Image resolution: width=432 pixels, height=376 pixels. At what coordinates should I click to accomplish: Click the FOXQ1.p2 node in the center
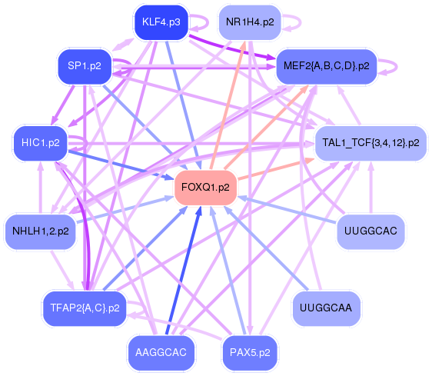[x=205, y=188]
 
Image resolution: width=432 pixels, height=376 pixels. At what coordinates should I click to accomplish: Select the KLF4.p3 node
[x=161, y=22]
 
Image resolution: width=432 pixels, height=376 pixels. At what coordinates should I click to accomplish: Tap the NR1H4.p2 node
[x=250, y=22]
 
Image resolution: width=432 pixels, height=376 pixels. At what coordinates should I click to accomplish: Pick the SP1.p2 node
[x=85, y=66]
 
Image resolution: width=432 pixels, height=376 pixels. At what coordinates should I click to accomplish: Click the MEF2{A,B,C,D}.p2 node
[x=327, y=66]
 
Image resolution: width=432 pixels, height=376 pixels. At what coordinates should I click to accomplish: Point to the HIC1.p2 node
[x=41, y=143]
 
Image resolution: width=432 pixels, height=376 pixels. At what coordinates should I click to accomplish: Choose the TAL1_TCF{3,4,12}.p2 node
[x=371, y=143]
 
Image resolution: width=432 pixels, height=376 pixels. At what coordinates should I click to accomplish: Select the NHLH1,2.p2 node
[x=41, y=231]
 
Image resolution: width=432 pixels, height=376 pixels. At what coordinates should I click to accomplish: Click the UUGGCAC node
[x=371, y=231]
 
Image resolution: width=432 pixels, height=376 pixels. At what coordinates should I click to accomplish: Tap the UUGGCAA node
[x=326, y=308]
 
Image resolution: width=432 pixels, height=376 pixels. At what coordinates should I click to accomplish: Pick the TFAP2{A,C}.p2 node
[x=85, y=308]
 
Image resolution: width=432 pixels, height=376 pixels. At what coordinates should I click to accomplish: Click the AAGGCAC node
[x=161, y=353]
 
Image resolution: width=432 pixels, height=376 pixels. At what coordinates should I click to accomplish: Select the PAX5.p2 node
[x=250, y=353]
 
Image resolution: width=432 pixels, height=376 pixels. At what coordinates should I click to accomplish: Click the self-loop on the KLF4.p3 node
[x=208, y=22]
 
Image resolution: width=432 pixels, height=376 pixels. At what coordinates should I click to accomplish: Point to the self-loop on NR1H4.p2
[x=301, y=22]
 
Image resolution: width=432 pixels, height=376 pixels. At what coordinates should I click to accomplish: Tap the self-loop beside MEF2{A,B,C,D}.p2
[x=397, y=66]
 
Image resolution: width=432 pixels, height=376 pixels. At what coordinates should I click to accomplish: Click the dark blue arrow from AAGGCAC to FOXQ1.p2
[x=184, y=271]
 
